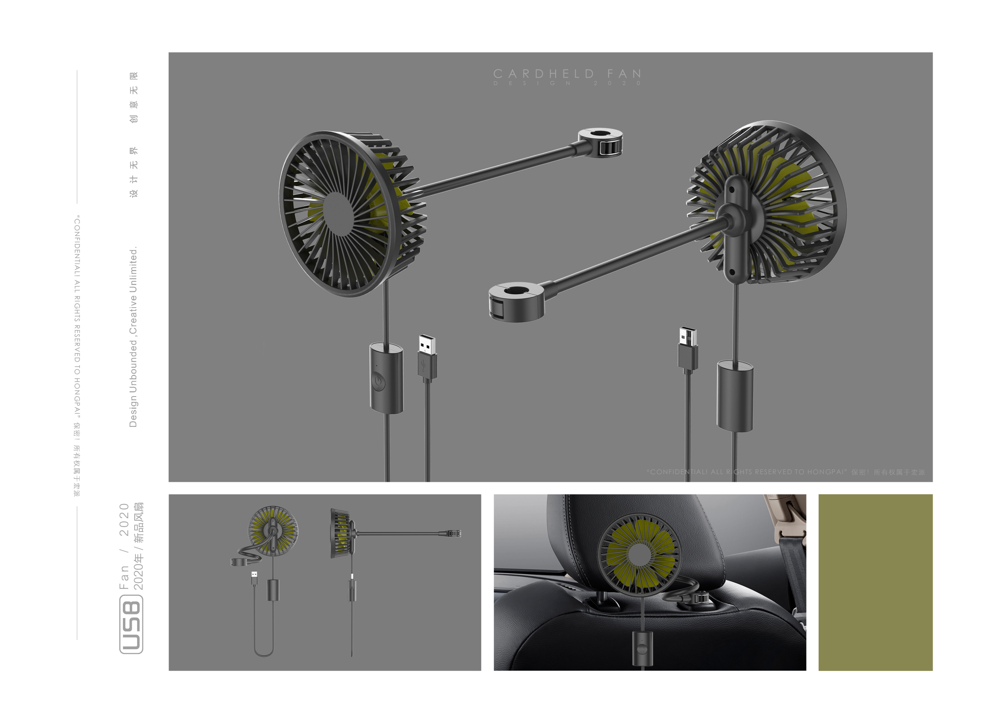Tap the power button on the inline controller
pyautogui.click(x=379, y=381)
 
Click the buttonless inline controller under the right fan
pyautogui.click(x=735, y=396)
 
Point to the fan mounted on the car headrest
pyautogui.click(x=639, y=554)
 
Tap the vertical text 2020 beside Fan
pyautogui.click(x=124, y=519)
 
